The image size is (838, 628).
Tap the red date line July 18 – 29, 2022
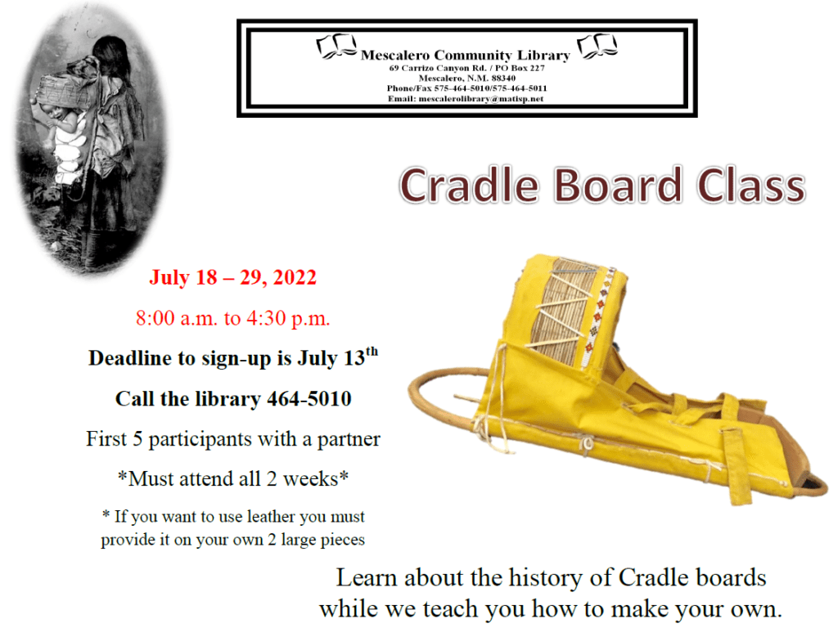click(232, 278)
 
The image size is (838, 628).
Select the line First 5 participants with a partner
click(233, 439)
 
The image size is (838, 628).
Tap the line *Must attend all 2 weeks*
click(233, 478)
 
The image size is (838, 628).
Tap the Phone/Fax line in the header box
click(466, 88)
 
